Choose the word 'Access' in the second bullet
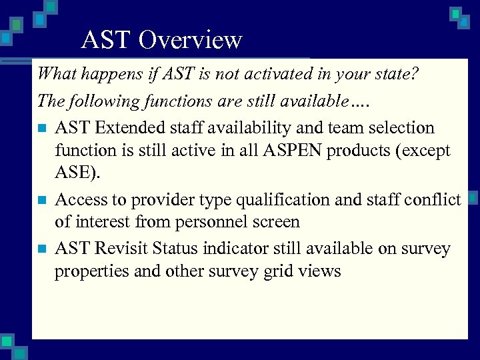pos(79,199)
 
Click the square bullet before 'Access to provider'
pos(41,200)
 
